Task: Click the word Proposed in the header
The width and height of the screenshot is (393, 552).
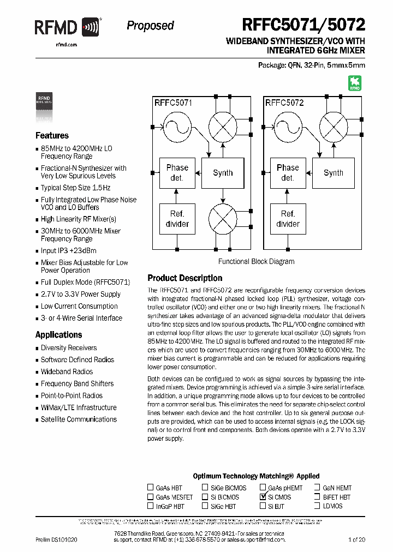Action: point(150,26)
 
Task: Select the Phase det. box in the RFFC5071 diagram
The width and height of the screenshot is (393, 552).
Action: point(177,173)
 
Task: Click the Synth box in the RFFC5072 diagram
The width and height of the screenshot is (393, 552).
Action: point(333,173)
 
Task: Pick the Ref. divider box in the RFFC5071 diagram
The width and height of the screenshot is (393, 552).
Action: point(177,219)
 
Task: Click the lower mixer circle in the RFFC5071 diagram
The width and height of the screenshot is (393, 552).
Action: point(223,219)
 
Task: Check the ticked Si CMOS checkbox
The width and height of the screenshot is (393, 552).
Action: point(263,497)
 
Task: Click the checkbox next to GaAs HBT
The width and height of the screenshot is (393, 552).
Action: point(150,488)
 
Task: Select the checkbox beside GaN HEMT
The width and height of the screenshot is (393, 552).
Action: point(317,488)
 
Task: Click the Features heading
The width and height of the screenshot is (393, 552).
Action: point(52,136)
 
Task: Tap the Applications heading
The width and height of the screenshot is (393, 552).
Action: point(58,335)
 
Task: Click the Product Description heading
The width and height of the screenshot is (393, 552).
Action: point(185,278)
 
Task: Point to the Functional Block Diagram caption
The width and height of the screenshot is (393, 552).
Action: point(256,261)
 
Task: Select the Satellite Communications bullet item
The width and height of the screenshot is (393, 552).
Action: point(79,419)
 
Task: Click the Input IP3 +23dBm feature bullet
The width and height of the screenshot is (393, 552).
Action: point(69,251)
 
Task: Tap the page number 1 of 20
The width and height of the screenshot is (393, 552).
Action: point(356,539)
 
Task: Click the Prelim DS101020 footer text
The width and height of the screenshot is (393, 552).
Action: point(56,539)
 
